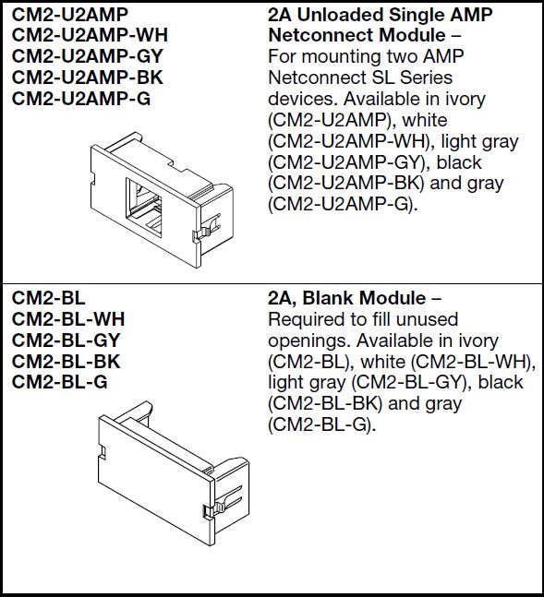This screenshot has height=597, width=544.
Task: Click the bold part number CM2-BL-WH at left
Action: (68, 319)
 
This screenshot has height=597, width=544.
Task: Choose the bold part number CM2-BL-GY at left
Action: (67, 340)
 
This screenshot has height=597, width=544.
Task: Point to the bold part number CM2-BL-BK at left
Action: (66, 362)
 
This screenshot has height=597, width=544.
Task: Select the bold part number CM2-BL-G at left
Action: (60, 383)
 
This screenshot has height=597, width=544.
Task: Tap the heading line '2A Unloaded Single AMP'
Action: (380, 14)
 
